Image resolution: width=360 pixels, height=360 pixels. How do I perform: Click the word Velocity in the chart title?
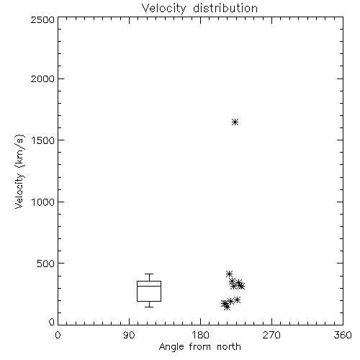pyautogui.click(x=164, y=9)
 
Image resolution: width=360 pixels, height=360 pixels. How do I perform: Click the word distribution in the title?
pyautogui.click(x=225, y=8)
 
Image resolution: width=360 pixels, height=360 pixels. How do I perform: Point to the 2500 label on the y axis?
pyautogui.click(x=43, y=19)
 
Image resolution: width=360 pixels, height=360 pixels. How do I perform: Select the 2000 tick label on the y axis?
pyautogui.click(x=43, y=78)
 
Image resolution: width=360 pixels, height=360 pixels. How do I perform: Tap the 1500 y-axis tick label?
pyautogui.click(x=43, y=140)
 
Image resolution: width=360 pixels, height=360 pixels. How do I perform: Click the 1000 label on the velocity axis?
pyautogui.click(x=43, y=202)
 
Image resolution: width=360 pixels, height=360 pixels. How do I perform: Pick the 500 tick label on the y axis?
pyautogui.click(x=46, y=264)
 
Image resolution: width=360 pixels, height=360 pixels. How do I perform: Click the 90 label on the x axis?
pyautogui.click(x=129, y=335)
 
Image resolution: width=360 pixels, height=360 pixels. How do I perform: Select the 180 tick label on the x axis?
pyautogui.click(x=200, y=335)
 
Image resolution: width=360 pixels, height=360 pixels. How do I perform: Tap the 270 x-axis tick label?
pyautogui.click(x=271, y=335)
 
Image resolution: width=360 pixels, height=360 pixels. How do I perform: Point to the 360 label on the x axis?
pyautogui.click(x=343, y=335)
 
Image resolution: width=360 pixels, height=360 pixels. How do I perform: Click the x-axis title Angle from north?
pyautogui.click(x=200, y=347)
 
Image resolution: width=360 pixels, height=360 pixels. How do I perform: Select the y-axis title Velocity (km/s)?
pyautogui.click(x=19, y=171)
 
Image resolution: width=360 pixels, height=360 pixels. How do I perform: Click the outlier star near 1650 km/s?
pyautogui.click(x=235, y=122)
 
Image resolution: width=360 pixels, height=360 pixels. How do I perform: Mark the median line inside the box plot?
pyautogui.click(x=149, y=286)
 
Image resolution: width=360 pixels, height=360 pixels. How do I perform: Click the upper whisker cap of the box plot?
pyautogui.click(x=149, y=274)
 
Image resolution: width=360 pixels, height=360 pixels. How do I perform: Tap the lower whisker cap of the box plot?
pyautogui.click(x=149, y=307)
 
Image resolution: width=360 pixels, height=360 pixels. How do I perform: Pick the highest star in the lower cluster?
pyautogui.click(x=229, y=274)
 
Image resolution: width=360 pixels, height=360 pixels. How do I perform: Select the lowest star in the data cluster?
pyautogui.click(x=227, y=307)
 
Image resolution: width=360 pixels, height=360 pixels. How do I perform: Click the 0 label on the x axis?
pyautogui.click(x=58, y=335)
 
